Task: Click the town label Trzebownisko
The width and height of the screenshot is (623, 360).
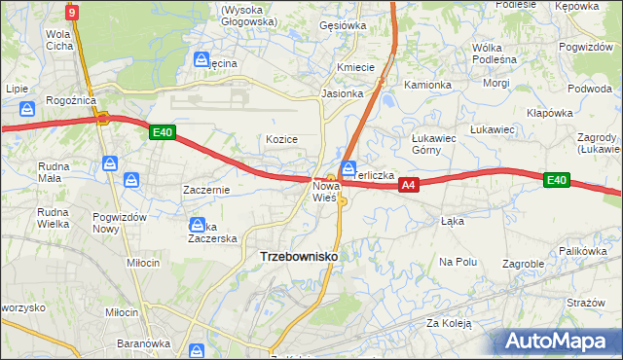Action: pos(299,256)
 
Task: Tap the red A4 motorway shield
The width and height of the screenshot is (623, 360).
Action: pos(409,184)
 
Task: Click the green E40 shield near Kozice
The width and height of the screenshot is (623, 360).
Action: pos(163,133)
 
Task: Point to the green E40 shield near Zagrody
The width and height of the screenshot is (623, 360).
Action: pos(556,180)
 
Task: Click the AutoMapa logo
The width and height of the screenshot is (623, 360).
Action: pos(560,342)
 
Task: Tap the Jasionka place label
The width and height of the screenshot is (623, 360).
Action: pos(343,94)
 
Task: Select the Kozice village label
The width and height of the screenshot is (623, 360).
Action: pos(281,139)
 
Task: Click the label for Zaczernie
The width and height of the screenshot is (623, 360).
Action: pos(206,190)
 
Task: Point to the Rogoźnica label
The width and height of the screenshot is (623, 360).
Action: pos(70,100)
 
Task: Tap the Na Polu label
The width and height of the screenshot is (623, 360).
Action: pos(458,262)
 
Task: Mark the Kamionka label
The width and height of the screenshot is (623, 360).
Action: pos(428,85)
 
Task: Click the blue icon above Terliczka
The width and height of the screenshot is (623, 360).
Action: pos(348,167)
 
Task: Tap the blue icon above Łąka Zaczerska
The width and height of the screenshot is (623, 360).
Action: pos(198,224)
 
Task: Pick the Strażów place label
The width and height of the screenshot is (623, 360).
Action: pos(586,303)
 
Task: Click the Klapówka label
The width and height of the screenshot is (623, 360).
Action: pos(549,113)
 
